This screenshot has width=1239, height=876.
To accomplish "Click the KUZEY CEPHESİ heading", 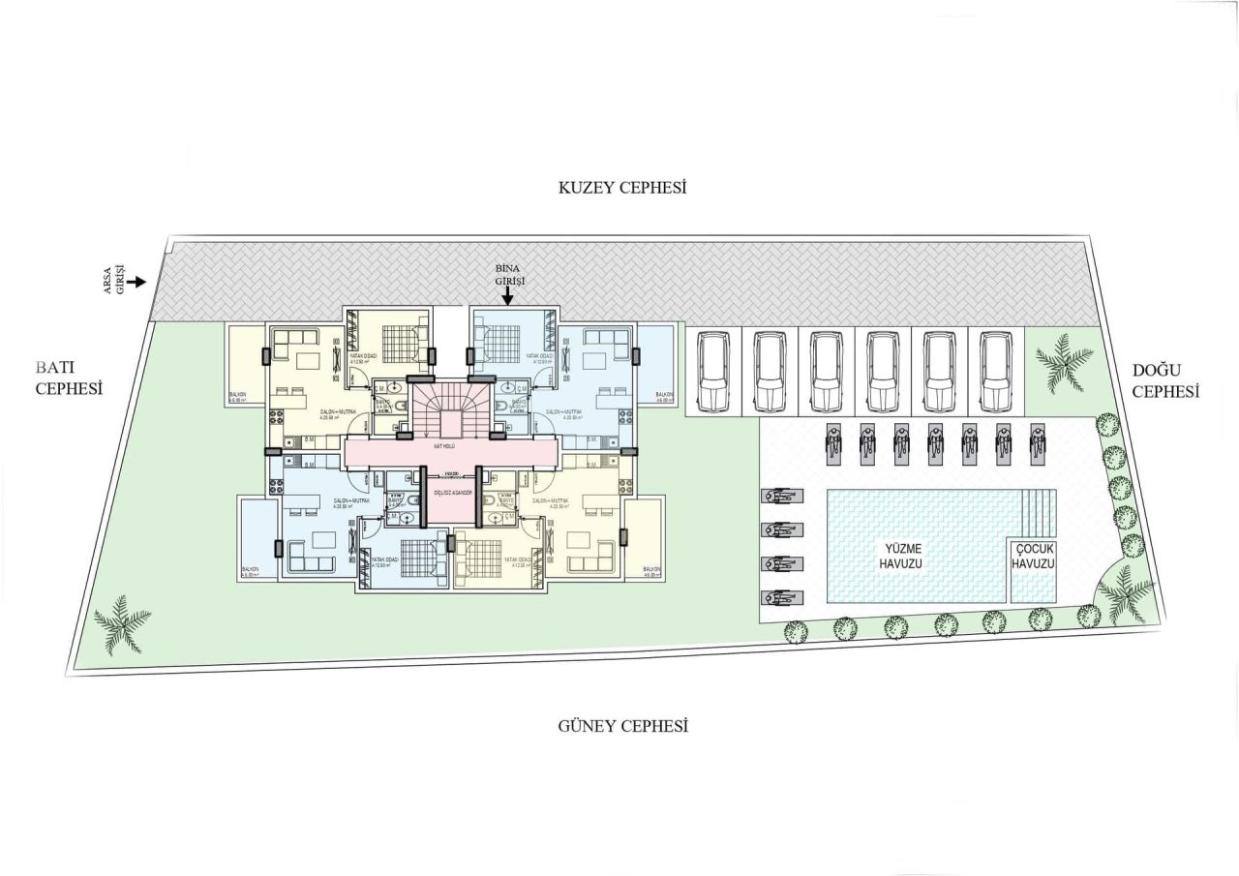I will click(x=622, y=188).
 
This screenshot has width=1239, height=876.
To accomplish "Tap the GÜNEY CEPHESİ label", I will click(x=622, y=726).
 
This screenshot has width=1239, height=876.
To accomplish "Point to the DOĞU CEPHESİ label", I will click(x=1165, y=381).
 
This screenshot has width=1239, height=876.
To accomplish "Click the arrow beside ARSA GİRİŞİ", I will click(x=138, y=282).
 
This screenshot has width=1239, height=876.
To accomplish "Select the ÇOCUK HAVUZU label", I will click(x=1033, y=556).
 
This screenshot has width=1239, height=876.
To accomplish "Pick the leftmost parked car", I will click(x=713, y=371).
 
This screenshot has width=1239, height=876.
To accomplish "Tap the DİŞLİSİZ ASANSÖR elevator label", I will click(x=452, y=493).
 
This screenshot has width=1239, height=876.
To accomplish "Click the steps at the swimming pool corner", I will click(x=1040, y=509).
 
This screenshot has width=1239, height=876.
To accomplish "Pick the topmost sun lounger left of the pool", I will click(x=782, y=497).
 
